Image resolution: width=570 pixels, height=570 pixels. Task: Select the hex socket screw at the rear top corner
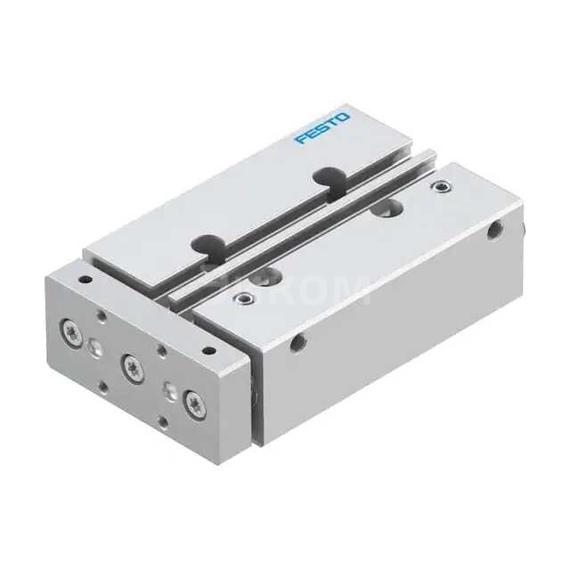tap(437, 187)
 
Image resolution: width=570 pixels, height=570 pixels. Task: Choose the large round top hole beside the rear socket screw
tap(386, 207)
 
